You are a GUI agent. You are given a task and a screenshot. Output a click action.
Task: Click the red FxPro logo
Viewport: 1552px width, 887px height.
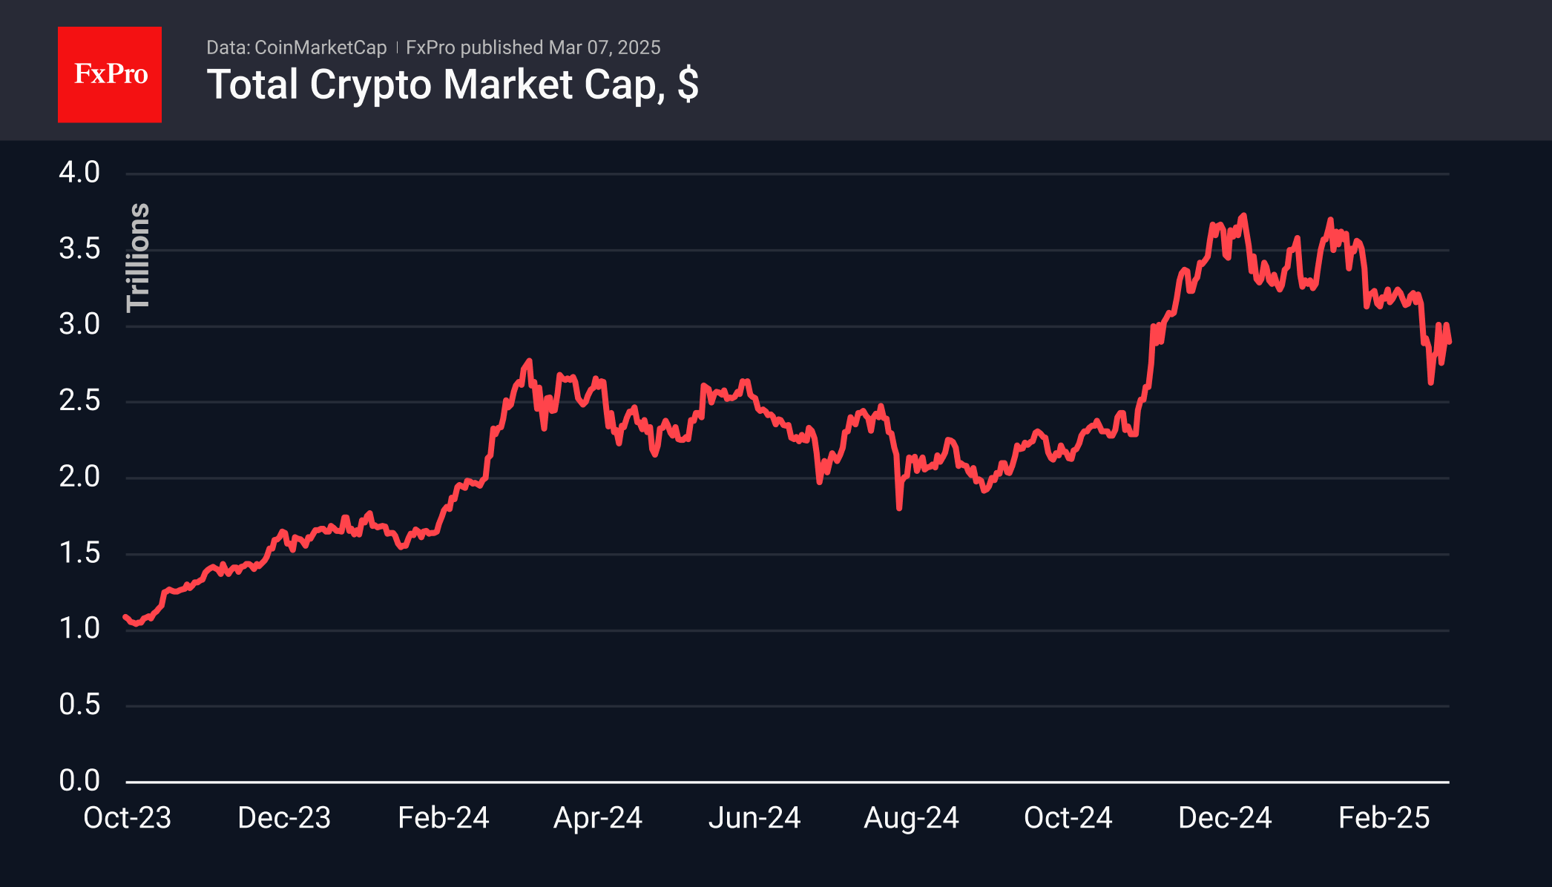(x=110, y=74)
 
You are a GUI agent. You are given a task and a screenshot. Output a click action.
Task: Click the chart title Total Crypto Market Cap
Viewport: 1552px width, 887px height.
(x=452, y=85)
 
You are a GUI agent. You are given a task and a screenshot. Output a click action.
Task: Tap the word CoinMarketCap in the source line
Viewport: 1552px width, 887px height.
(x=320, y=47)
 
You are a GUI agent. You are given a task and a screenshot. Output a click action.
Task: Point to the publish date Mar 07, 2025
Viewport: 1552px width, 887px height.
(x=605, y=47)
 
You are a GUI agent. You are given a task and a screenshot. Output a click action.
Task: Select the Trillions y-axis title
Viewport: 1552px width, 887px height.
(x=139, y=257)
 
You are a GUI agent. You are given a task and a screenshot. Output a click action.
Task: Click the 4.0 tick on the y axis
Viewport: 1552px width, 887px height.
(x=79, y=173)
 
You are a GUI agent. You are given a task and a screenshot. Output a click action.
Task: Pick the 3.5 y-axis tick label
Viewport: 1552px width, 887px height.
(x=79, y=249)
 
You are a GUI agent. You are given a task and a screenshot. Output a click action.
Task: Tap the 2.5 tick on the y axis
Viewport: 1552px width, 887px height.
(x=79, y=401)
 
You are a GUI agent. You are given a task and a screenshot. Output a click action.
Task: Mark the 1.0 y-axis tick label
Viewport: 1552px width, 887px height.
(x=79, y=629)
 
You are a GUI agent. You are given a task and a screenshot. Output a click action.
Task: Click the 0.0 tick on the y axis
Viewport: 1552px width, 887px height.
(x=79, y=781)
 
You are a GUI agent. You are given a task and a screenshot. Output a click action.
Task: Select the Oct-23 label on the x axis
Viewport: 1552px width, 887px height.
(x=127, y=818)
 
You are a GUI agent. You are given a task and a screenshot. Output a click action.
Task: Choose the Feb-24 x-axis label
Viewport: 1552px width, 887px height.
(x=444, y=818)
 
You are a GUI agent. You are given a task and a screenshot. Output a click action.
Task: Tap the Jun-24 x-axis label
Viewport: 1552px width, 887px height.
(x=754, y=818)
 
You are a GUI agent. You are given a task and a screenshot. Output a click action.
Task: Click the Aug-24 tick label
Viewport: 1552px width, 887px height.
(x=911, y=818)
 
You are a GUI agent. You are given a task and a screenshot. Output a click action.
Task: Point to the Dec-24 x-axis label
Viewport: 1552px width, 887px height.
(x=1225, y=818)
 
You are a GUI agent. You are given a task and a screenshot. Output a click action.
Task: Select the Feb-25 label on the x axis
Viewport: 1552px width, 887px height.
(x=1384, y=818)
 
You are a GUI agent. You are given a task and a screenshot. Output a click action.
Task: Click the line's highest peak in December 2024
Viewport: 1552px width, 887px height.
(x=1243, y=216)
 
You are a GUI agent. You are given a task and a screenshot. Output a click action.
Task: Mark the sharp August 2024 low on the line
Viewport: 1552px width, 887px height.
(x=899, y=508)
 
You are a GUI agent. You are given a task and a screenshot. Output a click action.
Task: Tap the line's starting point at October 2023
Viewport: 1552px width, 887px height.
(x=126, y=617)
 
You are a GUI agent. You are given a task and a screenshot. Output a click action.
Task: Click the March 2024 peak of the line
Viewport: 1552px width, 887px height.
(x=529, y=361)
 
